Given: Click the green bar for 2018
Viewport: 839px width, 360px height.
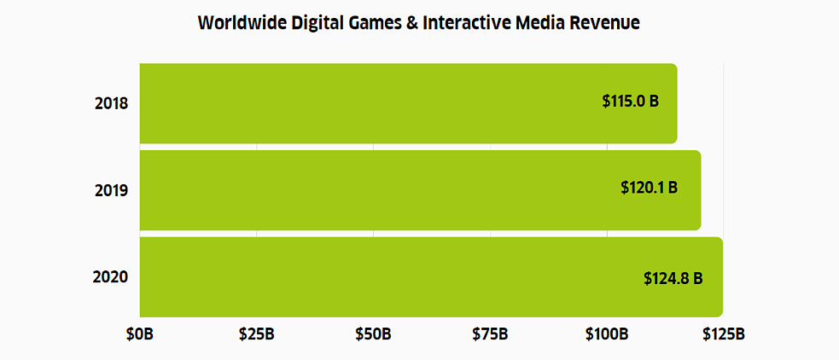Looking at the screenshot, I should (367, 103).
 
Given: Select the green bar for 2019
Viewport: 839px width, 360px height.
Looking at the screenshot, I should (376, 190).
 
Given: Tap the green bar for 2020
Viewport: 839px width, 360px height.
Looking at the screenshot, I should (384, 277).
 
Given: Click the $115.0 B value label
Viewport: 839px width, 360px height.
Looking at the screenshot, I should (631, 101).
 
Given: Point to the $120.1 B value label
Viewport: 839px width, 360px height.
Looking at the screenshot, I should (649, 187).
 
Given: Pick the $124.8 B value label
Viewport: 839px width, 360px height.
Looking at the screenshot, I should (673, 278).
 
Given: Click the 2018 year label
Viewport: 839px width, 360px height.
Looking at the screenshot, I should (111, 104).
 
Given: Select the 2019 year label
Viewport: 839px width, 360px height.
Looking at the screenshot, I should (111, 190).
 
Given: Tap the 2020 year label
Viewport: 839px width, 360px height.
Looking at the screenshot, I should (111, 277).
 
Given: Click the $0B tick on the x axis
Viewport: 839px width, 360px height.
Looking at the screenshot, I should (140, 334).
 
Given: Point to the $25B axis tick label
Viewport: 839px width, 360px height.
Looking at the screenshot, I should (256, 334).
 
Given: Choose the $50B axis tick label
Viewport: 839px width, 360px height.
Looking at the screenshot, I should (373, 334).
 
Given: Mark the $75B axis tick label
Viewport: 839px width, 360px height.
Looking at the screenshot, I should (490, 334).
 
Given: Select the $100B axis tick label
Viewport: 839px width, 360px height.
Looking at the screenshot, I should (607, 334).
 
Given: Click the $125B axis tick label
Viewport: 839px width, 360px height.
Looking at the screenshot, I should (723, 334).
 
